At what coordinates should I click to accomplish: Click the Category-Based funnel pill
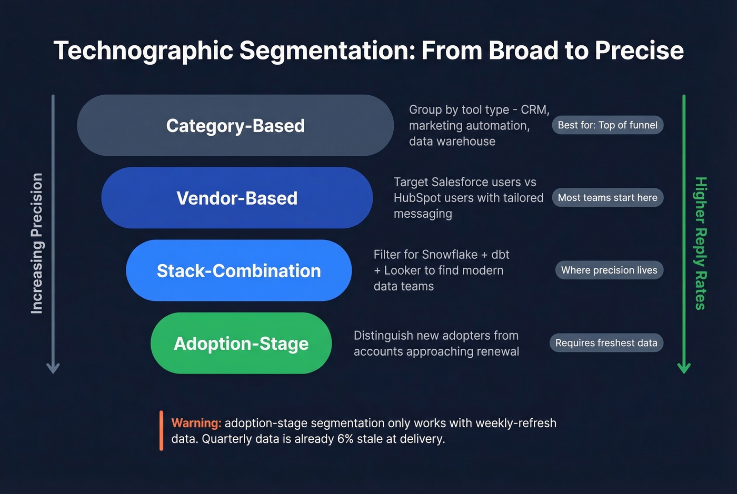pyautogui.click(x=235, y=126)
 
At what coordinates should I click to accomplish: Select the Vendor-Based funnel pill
pyautogui.click(x=237, y=198)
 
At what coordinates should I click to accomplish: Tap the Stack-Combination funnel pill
pyautogui.click(x=238, y=271)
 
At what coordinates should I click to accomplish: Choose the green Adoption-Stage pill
pyautogui.click(x=241, y=344)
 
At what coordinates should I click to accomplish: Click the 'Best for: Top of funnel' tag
pyautogui.click(x=607, y=125)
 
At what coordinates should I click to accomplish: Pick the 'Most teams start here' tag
pyautogui.click(x=607, y=198)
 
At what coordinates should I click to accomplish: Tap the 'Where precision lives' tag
pyautogui.click(x=609, y=270)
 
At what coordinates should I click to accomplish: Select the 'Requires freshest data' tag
pyautogui.click(x=606, y=343)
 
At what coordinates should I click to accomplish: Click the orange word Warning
pyautogui.click(x=196, y=424)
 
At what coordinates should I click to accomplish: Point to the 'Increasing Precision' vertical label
pyautogui.click(x=37, y=243)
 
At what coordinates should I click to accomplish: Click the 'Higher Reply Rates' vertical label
pyautogui.click(x=700, y=243)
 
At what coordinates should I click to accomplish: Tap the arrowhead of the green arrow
pyautogui.click(x=684, y=368)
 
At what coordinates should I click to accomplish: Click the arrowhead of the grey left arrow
pyautogui.click(x=53, y=368)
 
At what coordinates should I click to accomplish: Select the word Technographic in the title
pyautogui.click(x=143, y=51)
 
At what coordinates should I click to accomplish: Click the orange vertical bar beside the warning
pyautogui.click(x=161, y=431)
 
